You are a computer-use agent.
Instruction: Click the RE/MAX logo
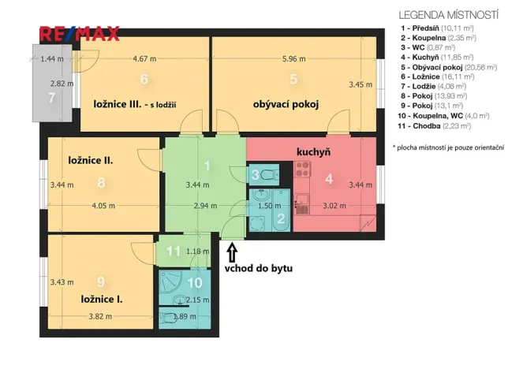tap(79, 34)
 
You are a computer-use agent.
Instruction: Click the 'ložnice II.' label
tap(88, 159)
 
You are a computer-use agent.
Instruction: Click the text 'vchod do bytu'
tap(258, 268)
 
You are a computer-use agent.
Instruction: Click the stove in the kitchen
tap(303, 167)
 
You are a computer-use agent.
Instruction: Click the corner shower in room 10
tap(170, 283)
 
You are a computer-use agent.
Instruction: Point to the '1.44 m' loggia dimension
tap(52, 58)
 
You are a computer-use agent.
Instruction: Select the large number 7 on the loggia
tap(51, 98)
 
